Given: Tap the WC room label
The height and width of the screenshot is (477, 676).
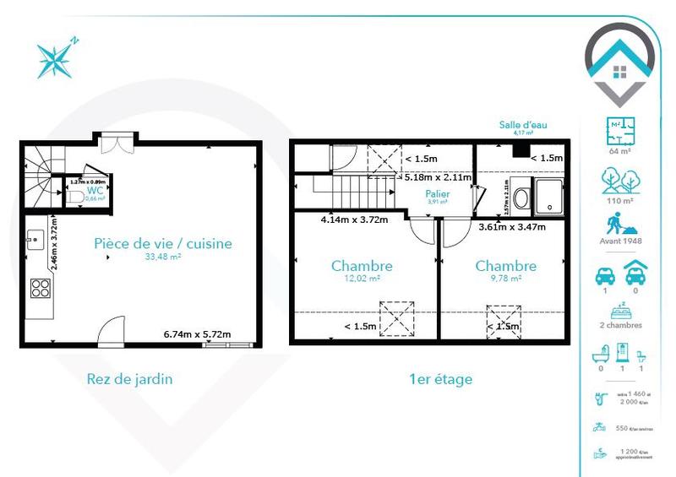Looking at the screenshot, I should click(x=95, y=190).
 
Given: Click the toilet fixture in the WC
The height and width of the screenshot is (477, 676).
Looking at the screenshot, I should click(x=74, y=196).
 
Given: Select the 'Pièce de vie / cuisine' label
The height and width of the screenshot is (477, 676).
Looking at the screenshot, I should click(x=162, y=244).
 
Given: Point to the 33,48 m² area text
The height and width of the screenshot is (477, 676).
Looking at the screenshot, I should click(x=162, y=257).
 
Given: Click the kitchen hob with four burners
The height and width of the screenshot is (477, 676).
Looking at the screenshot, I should click(x=40, y=289).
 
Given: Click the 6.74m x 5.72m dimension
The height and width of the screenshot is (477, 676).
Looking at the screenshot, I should click(x=197, y=335).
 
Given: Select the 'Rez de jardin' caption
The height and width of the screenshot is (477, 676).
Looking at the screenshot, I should click(x=129, y=379).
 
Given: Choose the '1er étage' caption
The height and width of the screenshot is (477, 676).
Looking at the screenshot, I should click(x=440, y=379).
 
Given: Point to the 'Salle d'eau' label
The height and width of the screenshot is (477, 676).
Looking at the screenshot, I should click(x=524, y=124).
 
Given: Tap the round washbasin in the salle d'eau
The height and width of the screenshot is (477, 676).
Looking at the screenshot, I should click(x=521, y=199).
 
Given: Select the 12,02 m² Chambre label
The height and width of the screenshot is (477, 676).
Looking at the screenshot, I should click(x=362, y=266).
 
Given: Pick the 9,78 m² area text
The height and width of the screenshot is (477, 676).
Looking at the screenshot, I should click(x=505, y=278).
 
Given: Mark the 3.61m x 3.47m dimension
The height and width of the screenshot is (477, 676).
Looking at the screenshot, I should click(x=512, y=226).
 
